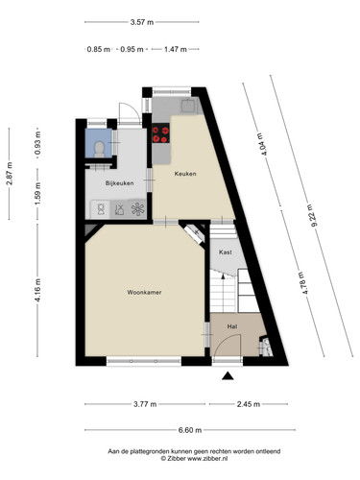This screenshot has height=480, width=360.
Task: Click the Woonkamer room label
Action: click(x=144, y=292)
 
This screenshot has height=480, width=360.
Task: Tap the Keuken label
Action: click(x=185, y=174)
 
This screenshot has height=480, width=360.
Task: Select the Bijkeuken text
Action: click(x=119, y=183)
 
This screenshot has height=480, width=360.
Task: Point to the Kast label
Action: click(x=226, y=252)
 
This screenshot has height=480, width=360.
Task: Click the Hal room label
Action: click(x=232, y=326)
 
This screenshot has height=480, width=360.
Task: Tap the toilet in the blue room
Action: click(x=99, y=149)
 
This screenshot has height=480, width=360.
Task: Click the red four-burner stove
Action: click(x=160, y=134)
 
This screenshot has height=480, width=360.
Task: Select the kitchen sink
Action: click(x=188, y=106)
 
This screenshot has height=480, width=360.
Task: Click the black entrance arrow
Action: click(x=228, y=376)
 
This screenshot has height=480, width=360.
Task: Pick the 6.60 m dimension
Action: click(x=190, y=430)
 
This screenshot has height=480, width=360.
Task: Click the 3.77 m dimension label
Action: click(x=145, y=404)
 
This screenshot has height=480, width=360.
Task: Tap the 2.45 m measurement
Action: click(x=249, y=404)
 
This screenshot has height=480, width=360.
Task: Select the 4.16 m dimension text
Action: click(x=37, y=290)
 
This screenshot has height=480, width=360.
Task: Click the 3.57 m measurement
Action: click(x=142, y=22)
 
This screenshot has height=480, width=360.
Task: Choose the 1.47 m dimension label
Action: click(x=176, y=49)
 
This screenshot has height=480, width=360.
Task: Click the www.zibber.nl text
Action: click(x=207, y=458)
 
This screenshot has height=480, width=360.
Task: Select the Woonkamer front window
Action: click(x=144, y=361)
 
